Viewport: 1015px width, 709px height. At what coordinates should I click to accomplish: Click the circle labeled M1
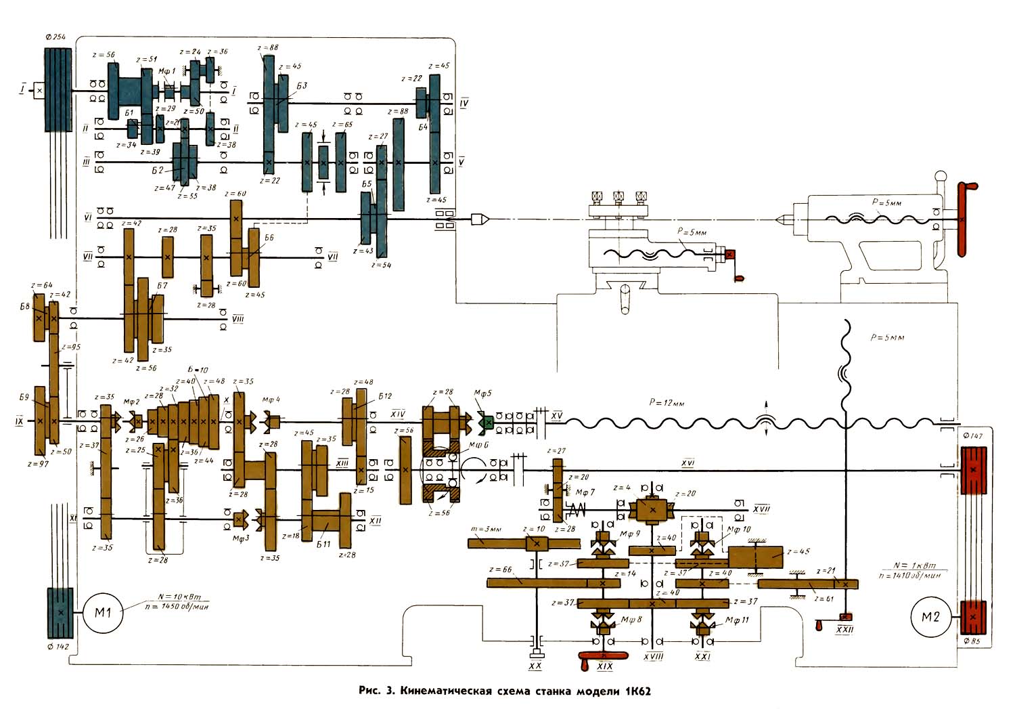click(x=102, y=613)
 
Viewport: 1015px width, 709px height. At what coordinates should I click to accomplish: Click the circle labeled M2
click(x=930, y=618)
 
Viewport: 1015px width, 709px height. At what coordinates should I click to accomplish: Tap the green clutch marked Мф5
click(x=485, y=423)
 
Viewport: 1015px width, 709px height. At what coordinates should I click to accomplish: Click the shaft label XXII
click(x=844, y=630)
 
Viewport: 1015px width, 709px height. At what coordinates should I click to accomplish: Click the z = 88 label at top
click(x=268, y=47)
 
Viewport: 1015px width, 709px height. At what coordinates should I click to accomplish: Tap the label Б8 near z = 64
click(x=24, y=306)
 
